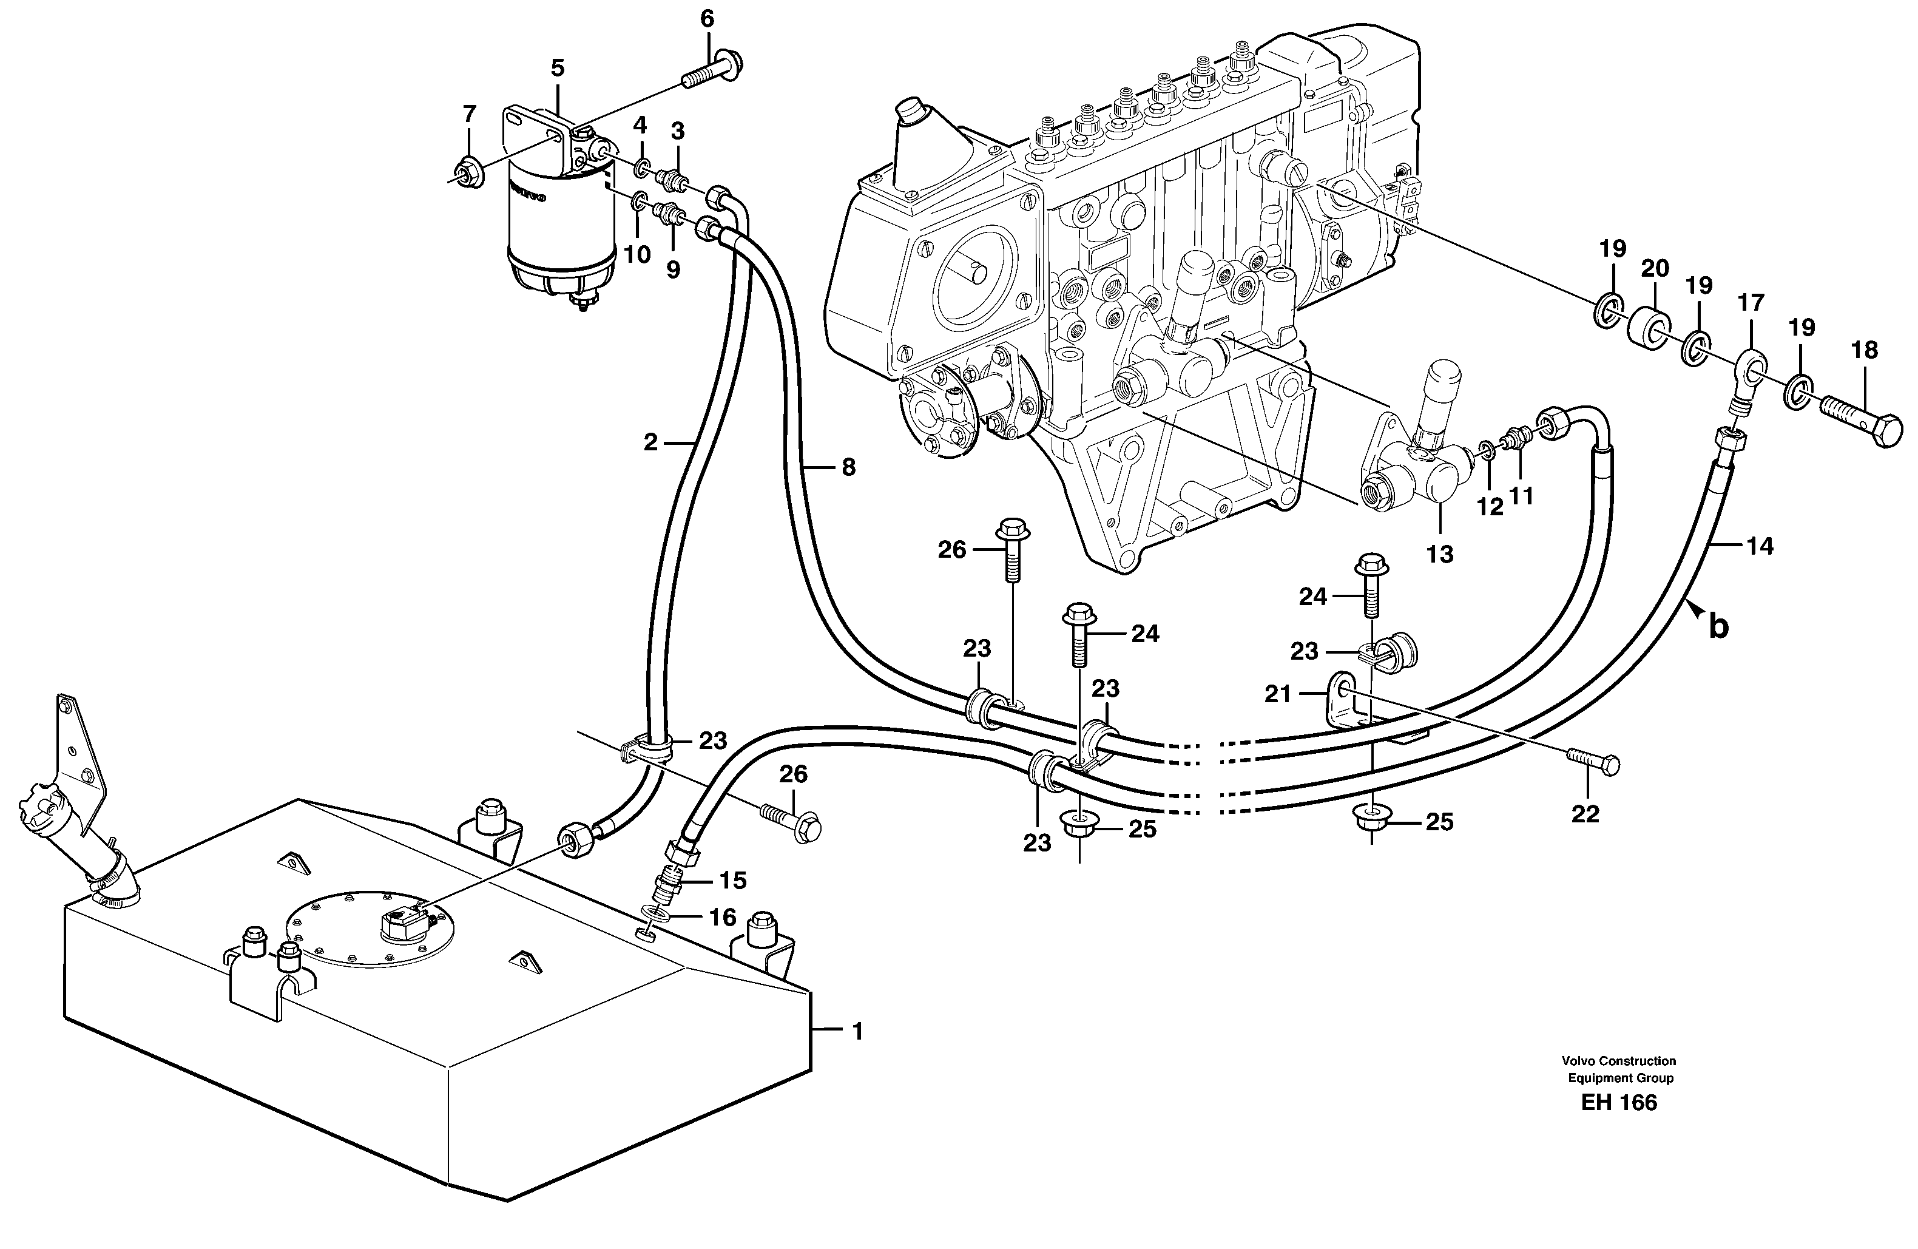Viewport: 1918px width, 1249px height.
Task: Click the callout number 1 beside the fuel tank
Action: coord(857,1032)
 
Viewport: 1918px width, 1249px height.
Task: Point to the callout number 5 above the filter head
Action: coord(558,69)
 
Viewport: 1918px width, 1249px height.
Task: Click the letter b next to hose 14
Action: coord(1719,626)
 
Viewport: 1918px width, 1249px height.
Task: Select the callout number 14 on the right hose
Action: coord(1760,546)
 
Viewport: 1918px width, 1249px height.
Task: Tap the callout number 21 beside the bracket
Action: coord(1278,693)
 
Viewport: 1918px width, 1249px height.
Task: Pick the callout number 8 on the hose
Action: coord(848,467)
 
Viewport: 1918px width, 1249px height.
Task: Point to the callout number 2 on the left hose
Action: coord(650,442)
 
